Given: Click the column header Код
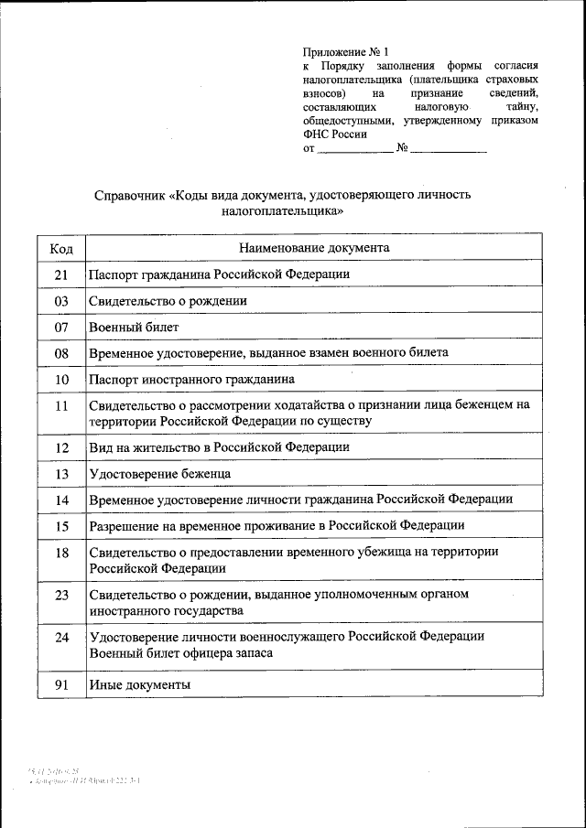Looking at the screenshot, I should click(x=61, y=248).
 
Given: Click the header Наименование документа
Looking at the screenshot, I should click(x=314, y=247).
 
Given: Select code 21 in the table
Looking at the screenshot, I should click(x=61, y=274).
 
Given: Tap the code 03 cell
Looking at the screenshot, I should click(x=61, y=300).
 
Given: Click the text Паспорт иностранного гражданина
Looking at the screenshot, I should click(x=191, y=379).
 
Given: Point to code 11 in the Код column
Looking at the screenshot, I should click(x=61, y=405).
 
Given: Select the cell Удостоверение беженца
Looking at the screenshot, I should click(x=159, y=474).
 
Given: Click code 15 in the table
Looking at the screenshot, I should click(x=61, y=526).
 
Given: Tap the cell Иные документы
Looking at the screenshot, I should click(x=139, y=684).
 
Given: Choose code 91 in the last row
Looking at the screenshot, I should click(x=61, y=684).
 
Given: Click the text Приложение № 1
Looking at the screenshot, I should click(x=339, y=52).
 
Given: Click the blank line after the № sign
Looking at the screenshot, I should click(x=449, y=149).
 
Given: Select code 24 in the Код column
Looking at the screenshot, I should click(x=61, y=637).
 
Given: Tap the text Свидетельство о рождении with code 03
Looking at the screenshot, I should click(x=168, y=300).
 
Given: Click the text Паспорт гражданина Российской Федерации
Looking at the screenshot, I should click(x=219, y=274).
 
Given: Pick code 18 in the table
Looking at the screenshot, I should click(x=61, y=553).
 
